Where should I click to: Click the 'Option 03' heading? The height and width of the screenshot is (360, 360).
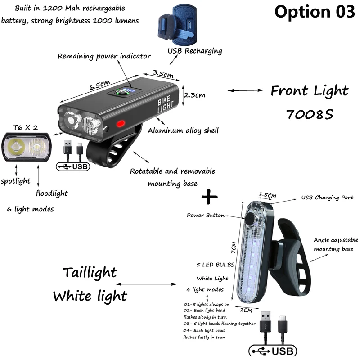point(315,12)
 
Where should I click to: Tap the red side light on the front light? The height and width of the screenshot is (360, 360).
point(121,124)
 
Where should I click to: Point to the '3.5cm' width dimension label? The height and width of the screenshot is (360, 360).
point(162,73)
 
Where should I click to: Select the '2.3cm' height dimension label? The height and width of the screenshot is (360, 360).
point(194,94)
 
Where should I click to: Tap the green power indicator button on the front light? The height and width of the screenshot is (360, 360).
point(121,92)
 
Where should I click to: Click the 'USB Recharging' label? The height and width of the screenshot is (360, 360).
point(195,51)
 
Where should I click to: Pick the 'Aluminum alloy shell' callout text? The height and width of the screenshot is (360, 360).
point(183,131)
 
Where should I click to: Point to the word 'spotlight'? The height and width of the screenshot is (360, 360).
point(15,181)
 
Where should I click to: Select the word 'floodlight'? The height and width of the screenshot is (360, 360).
point(52,193)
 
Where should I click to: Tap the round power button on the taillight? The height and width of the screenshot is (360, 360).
point(249,219)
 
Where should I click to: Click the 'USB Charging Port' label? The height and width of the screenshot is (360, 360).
point(327,198)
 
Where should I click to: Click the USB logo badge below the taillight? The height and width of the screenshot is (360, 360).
point(272,351)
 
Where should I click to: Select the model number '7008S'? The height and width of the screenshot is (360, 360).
point(309,114)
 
